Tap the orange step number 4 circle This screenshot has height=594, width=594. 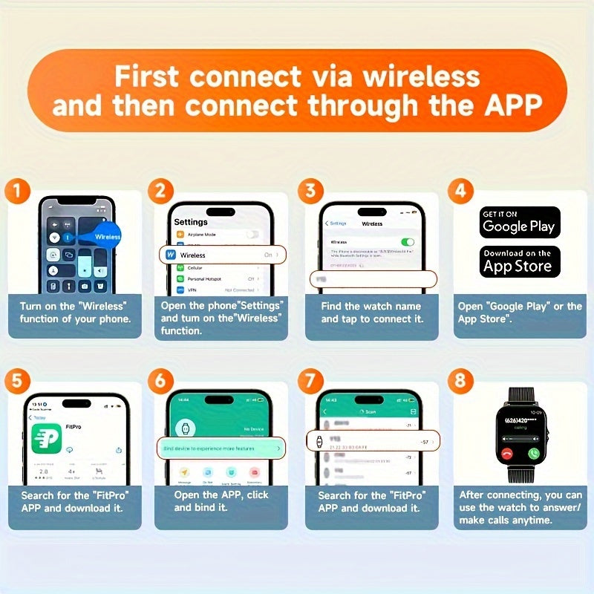click(x=461, y=191)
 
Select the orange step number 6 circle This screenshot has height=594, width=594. click(x=160, y=382)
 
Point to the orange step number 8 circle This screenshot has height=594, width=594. click(x=461, y=382)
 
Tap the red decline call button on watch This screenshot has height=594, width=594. click(x=506, y=453)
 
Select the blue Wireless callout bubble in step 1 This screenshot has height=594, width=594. click(x=104, y=236)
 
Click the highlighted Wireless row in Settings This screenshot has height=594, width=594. click(x=221, y=255)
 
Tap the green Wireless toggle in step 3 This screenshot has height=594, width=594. click(x=407, y=242)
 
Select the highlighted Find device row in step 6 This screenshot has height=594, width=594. click(x=221, y=448)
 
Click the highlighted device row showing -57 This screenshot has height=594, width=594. click(x=373, y=441)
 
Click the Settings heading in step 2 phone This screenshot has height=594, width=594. click(x=191, y=222)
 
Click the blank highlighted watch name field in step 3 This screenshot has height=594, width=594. click(x=373, y=278)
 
